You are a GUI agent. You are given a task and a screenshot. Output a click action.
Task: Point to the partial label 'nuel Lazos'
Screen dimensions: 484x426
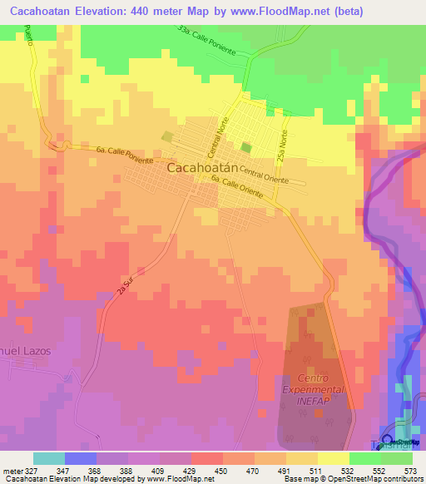(25, 351)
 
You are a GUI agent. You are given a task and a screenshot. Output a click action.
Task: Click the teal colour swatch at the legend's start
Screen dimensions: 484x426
(49, 458)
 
